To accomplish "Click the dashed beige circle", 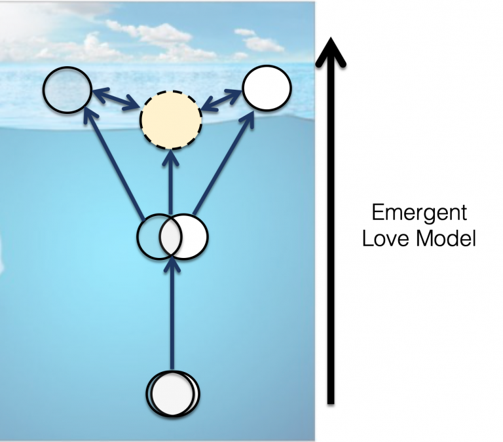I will pos(170,119).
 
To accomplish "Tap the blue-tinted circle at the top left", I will pos(67,89).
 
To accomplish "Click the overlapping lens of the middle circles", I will pos(172,235).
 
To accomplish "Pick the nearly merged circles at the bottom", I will pos(172,394).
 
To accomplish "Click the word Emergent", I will pos(419,213).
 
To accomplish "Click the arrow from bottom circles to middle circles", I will pos(172,314).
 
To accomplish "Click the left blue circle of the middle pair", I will pos(149,235).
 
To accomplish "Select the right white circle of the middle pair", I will pos(194,235).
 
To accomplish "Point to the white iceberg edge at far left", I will pos(3,255).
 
